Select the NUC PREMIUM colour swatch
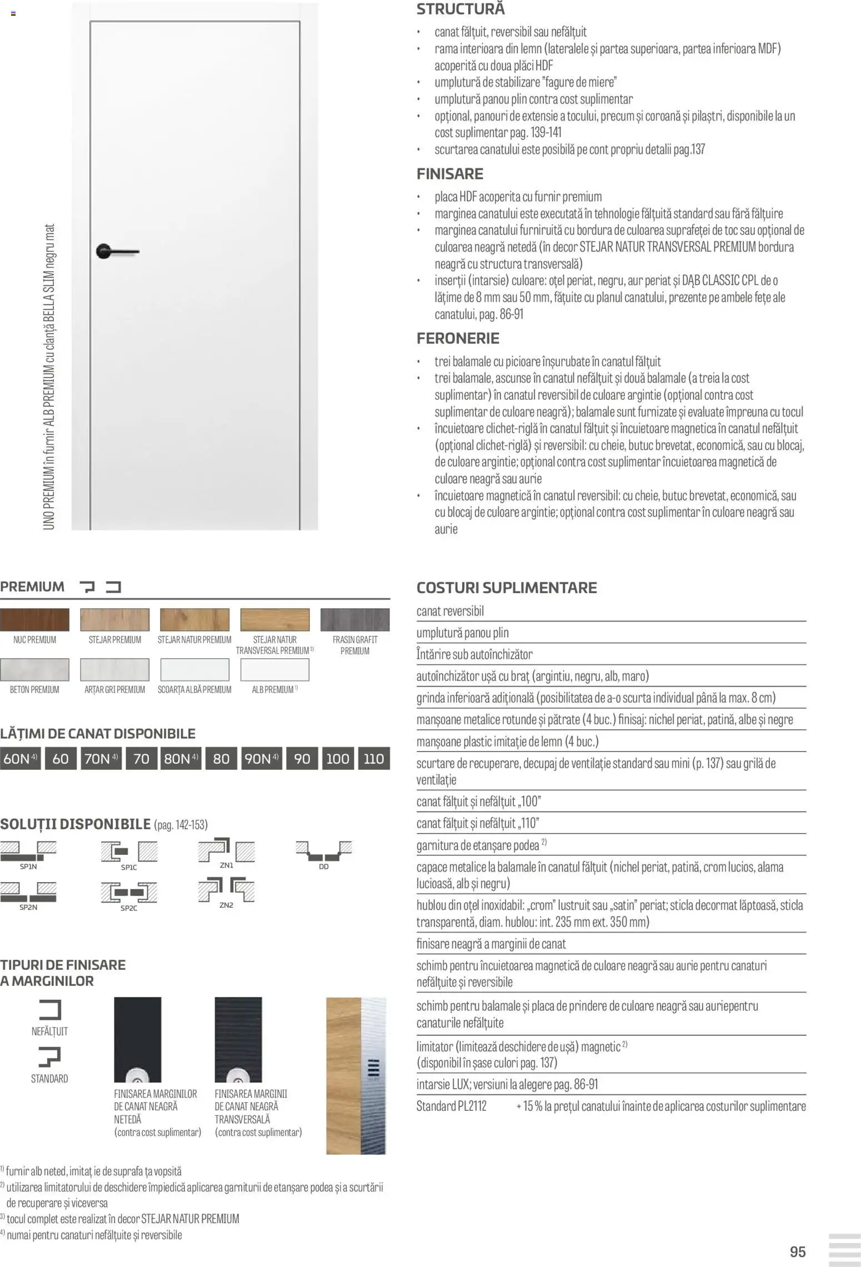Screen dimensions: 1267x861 tap(34, 620)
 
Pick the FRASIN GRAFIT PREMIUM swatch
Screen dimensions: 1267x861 tap(354, 620)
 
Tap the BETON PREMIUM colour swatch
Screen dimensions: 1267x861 tap(34, 669)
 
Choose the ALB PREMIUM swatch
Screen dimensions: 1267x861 tap(274, 669)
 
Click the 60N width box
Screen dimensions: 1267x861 tap(21, 759)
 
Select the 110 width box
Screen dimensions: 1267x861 tap(374, 759)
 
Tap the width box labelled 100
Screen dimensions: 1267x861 tap(338, 759)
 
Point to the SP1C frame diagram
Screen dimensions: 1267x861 tap(129, 852)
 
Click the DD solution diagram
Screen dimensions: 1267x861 tap(324, 850)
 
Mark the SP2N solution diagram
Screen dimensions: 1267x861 tap(28, 892)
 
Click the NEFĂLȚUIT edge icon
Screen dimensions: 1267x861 tap(49, 1010)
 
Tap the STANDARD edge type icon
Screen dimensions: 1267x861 tap(49, 1056)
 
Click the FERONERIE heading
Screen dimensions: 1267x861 tap(458, 338)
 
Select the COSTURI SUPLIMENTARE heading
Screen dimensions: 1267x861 tap(507, 588)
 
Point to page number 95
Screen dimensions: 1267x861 tap(797, 1251)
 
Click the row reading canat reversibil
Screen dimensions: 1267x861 tap(450, 611)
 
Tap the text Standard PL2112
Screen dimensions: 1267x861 tap(451, 1106)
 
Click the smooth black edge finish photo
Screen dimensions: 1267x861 tap(137, 1039)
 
